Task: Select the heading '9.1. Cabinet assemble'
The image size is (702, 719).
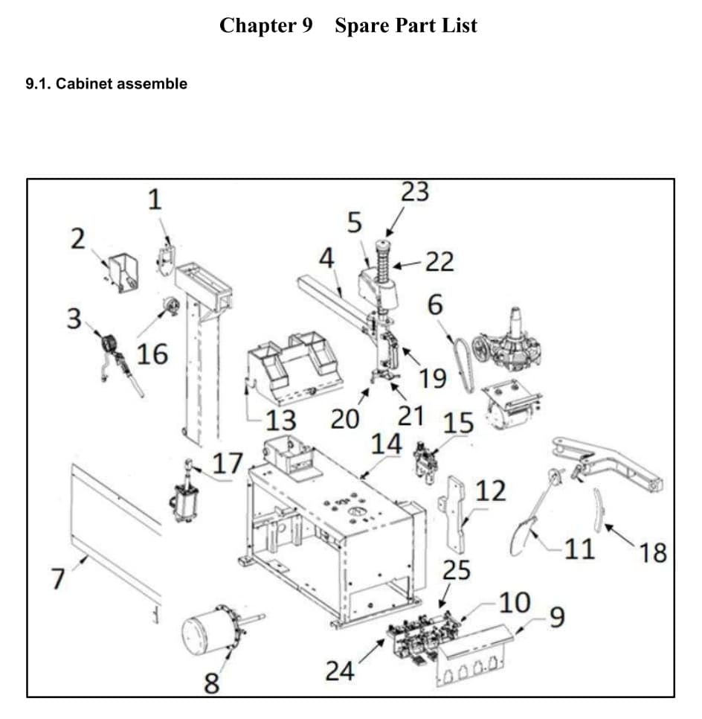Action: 106,84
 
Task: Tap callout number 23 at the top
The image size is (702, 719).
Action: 415,192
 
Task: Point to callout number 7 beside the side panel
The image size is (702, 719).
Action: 57,578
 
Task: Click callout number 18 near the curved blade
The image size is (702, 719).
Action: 652,553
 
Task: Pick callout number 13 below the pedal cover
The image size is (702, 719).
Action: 281,420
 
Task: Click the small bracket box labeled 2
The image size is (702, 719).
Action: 123,272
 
